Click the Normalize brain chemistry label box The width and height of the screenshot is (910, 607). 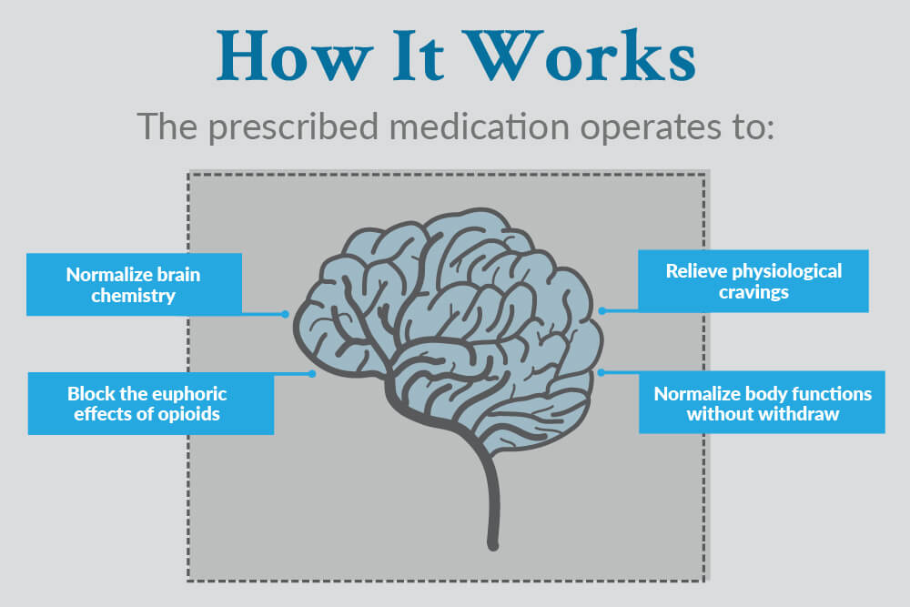point(134,285)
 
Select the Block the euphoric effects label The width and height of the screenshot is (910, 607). point(150,403)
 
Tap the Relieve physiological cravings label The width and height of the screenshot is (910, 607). point(753,281)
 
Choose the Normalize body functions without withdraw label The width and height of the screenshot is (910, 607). point(762,403)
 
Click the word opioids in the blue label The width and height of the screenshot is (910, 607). point(193,413)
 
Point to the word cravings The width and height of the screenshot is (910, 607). point(752,292)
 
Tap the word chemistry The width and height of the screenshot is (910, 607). point(134,296)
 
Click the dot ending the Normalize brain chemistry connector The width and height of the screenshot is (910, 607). point(285,314)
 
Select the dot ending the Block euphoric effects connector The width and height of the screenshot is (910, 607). point(312,373)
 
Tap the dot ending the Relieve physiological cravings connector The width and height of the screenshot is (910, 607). point(602,310)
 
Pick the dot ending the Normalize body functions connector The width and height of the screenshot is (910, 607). point(602,372)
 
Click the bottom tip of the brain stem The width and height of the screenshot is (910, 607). point(493,546)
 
